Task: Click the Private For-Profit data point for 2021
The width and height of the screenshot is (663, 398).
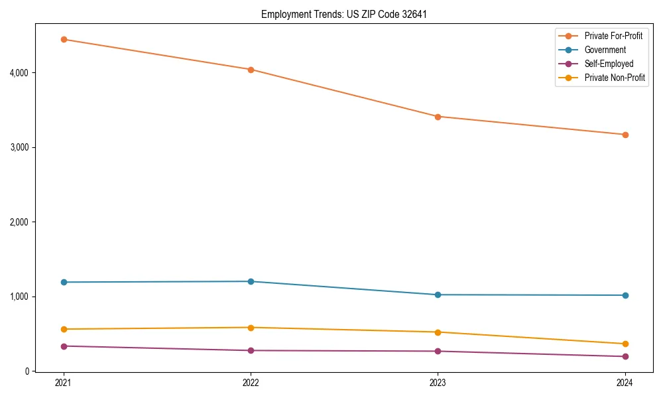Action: (64, 39)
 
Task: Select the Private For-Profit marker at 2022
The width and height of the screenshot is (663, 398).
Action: (251, 70)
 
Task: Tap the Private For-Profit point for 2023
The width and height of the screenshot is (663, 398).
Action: (438, 117)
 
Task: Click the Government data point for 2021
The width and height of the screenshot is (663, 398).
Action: (64, 282)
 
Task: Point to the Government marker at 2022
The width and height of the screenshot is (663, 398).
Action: (251, 281)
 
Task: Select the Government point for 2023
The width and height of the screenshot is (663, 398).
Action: (438, 295)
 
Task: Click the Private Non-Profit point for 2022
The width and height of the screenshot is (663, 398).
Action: (251, 328)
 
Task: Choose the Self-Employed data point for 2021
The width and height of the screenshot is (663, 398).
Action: (64, 346)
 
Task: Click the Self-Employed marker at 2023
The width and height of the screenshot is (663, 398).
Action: (438, 351)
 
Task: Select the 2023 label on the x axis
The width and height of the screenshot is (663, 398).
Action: (438, 382)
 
